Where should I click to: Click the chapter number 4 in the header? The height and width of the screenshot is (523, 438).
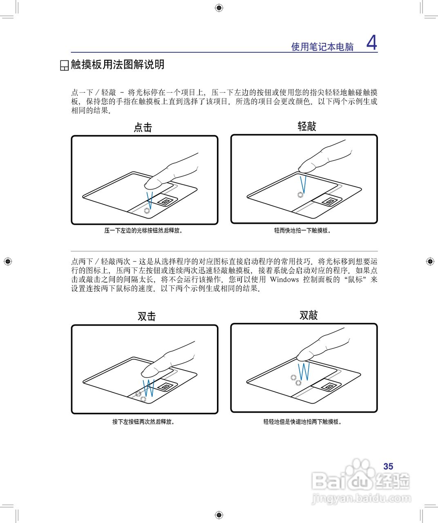(x=371, y=42)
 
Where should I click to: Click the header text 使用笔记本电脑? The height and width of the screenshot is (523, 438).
(x=322, y=47)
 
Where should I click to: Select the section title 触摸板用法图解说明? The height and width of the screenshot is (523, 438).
(x=117, y=65)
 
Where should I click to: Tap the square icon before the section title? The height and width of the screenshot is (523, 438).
(x=64, y=65)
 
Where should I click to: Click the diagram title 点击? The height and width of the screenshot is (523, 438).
(x=143, y=127)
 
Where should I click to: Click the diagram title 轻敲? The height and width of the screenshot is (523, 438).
(x=307, y=126)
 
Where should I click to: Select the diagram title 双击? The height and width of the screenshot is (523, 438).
(x=147, y=316)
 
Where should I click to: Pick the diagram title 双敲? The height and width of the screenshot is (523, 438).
(x=308, y=315)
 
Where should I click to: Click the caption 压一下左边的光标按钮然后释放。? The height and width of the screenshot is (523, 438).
(x=143, y=230)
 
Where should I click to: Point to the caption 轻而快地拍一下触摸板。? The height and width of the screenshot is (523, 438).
(x=303, y=230)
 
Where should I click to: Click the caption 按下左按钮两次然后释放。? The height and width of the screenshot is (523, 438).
(x=144, y=422)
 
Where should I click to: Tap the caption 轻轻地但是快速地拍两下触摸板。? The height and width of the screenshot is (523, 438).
(x=303, y=422)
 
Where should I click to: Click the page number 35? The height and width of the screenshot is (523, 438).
(x=388, y=466)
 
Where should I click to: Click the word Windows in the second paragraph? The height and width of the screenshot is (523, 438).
(x=284, y=279)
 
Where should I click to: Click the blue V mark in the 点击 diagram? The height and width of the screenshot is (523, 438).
(x=150, y=199)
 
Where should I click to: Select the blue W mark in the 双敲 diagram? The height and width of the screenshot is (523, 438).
(x=304, y=371)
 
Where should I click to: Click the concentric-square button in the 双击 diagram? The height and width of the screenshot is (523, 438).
(x=165, y=386)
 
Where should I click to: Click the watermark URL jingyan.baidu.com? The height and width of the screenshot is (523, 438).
(x=361, y=498)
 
